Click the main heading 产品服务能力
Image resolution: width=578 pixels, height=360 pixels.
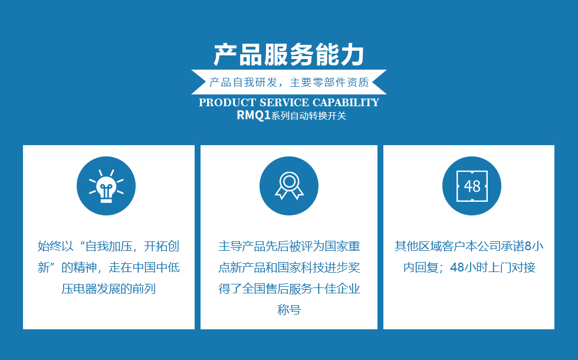(x=289, y=55)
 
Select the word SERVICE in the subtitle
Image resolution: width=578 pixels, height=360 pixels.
(x=284, y=103)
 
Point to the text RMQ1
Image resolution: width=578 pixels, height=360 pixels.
(x=254, y=115)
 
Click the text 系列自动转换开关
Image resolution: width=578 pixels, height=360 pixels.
(x=309, y=116)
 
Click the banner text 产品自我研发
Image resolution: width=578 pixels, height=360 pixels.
(x=243, y=82)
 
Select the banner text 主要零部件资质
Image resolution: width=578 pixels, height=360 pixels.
(x=330, y=82)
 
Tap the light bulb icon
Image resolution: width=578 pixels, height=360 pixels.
(x=106, y=186)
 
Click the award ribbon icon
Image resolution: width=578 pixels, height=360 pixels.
(x=289, y=185)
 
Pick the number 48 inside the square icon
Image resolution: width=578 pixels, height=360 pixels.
(x=472, y=186)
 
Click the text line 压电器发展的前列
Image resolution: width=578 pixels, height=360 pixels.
(x=109, y=289)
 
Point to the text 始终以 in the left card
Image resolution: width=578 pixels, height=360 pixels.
(x=55, y=246)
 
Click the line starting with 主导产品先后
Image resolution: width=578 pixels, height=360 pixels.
(x=289, y=246)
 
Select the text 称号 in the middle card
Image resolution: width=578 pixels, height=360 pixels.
(x=289, y=309)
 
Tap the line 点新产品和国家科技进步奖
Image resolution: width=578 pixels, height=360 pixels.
(x=289, y=267)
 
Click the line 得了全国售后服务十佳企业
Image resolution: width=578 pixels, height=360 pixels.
(x=289, y=289)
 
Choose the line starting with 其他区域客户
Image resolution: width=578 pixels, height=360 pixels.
(x=469, y=246)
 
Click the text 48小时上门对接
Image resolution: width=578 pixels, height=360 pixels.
(x=492, y=267)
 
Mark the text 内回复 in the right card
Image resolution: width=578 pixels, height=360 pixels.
(x=421, y=267)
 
